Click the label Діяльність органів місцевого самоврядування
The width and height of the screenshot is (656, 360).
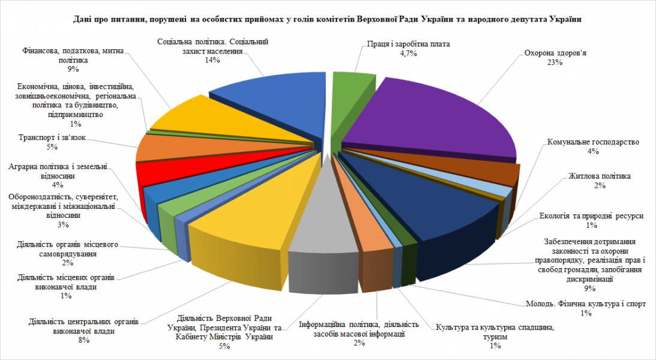click(x=67, y=249)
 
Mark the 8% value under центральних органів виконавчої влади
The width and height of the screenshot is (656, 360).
click(x=83, y=340)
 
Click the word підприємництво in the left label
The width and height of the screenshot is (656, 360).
click(x=73, y=114)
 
